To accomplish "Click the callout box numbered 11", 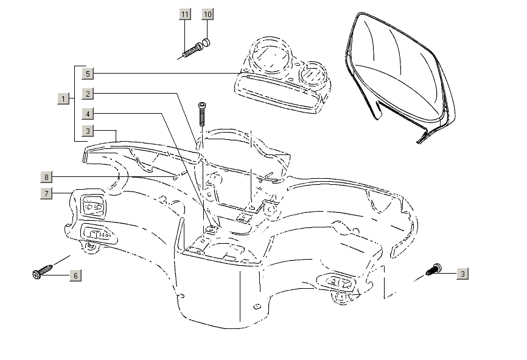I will [x=185, y=14].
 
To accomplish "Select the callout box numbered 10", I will [x=208, y=14].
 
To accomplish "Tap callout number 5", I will [x=88, y=74].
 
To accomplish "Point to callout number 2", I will [x=88, y=94].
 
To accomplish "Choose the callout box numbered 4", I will [x=88, y=114].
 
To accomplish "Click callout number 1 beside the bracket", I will [x=63, y=99].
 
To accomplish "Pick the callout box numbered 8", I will [x=46, y=178].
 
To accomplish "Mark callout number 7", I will [x=46, y=194].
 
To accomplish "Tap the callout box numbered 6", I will [x=76, y=275].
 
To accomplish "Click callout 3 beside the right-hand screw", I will [x=463, y=274].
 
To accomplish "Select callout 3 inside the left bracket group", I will [x=88, y=131].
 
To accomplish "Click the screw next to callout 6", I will [x=40, y=273].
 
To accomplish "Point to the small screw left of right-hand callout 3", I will [x=435, y=269].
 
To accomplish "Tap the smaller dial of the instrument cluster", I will [x=315, y=74].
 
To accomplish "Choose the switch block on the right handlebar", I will [x=340, y=283].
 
